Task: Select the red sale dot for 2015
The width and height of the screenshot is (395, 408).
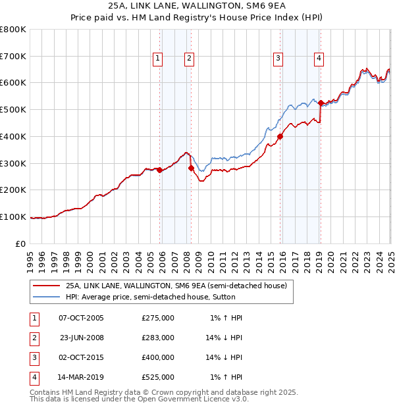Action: [x=280, y=137]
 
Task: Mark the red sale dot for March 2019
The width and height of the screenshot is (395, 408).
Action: [x=321, y=103]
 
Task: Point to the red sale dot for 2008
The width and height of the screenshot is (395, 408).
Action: [x=191, y=168]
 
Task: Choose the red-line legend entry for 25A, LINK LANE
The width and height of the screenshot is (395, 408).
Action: [x=176, y=286]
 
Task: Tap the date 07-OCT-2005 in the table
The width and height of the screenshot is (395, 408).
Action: [x=82, y=318]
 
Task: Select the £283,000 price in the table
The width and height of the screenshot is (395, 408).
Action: [x=158, y=338]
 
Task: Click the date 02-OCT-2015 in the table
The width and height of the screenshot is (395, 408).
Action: [x=82, y=357]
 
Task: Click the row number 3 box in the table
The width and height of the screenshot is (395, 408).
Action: [x=34, y=357]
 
